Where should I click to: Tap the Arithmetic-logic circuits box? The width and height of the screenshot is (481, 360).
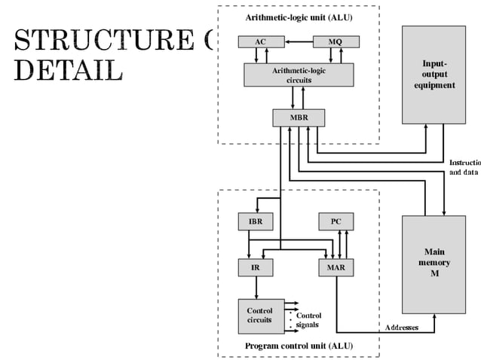(299, 75)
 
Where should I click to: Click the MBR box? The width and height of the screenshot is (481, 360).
(299, 117)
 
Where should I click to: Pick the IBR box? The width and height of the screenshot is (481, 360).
(256, 222)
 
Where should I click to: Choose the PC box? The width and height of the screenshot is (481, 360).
(335, 222)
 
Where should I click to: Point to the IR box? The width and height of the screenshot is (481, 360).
(256, 267)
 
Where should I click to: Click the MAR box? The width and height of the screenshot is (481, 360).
(335, 267)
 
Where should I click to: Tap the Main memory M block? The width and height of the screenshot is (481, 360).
(434, 264)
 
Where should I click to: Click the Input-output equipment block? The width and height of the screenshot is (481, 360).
(434, 75)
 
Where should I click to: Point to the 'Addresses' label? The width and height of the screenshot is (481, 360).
(401, 328)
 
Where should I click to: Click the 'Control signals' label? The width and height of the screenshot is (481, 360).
(308, 320)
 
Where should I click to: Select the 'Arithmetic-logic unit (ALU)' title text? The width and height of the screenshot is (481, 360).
(298, 17)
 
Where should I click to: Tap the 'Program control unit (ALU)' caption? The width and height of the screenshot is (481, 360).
(299, 346)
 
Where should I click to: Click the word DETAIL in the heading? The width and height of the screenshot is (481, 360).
(68, 69)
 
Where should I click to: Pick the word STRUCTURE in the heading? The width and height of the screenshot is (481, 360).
(98, 40)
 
